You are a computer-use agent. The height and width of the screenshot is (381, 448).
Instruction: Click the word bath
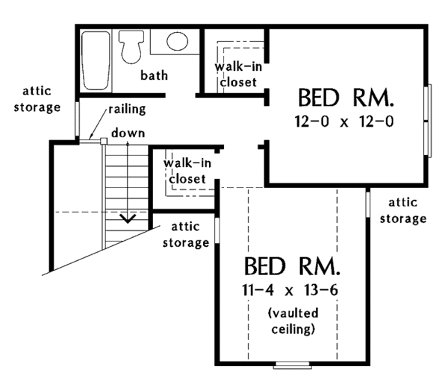pos(154,75)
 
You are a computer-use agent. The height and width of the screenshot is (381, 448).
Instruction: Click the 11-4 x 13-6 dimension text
pos(292,288)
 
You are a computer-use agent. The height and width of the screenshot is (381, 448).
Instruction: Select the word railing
pos(126,110)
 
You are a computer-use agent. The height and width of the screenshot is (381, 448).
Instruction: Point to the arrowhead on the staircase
pos(128,218)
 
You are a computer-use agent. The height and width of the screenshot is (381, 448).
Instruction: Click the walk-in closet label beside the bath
pos(236,75)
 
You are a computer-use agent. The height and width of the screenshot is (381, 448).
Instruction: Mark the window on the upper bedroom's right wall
pos(429,121)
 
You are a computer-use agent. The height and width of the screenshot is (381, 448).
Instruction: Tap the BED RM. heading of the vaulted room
pos(292,265)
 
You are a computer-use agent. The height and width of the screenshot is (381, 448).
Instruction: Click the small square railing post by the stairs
pos(93,139)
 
